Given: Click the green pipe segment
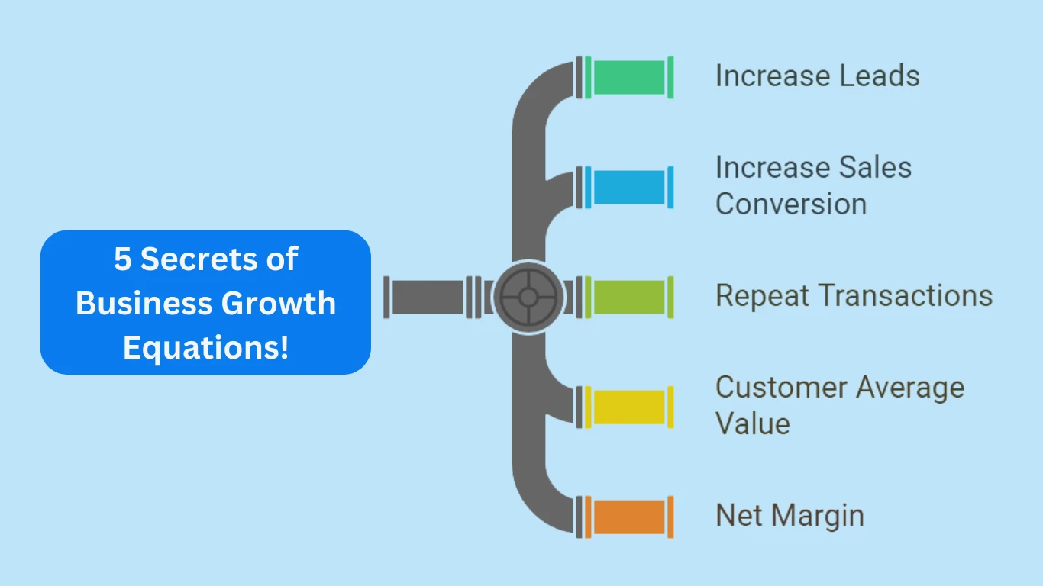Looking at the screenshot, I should (629, 77).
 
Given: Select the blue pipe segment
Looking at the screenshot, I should (629, 187).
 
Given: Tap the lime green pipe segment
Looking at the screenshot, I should (629, 297).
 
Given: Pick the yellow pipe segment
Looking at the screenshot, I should (629, 407).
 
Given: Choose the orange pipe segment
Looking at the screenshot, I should (629, 517).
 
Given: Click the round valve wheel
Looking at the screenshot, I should (528, 297).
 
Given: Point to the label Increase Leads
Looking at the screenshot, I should (817, 76).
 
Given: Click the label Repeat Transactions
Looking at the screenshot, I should (854, 296).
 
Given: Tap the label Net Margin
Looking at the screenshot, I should (790, 516).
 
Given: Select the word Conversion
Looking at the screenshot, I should (791, 204).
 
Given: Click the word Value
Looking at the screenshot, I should (752, 423).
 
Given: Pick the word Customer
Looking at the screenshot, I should (780, 388).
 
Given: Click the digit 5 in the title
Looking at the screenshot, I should (123, 259).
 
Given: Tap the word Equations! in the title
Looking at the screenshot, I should (205, 348).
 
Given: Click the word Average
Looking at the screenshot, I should (909, 388).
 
